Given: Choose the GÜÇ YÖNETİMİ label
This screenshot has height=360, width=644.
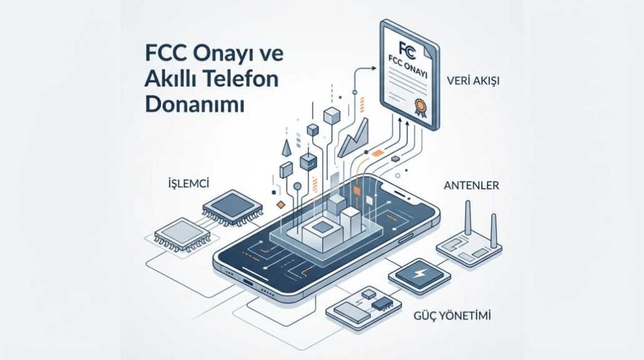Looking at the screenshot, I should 451,314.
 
